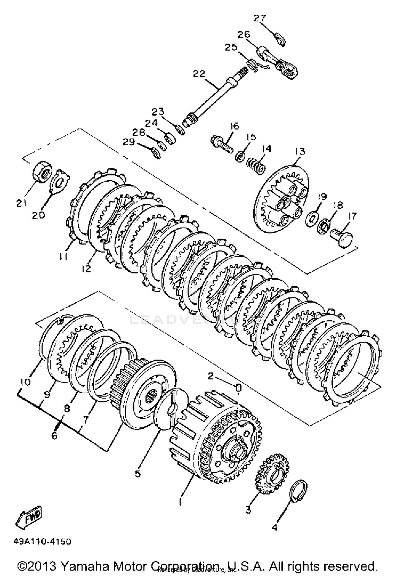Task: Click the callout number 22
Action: coord(199,74)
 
